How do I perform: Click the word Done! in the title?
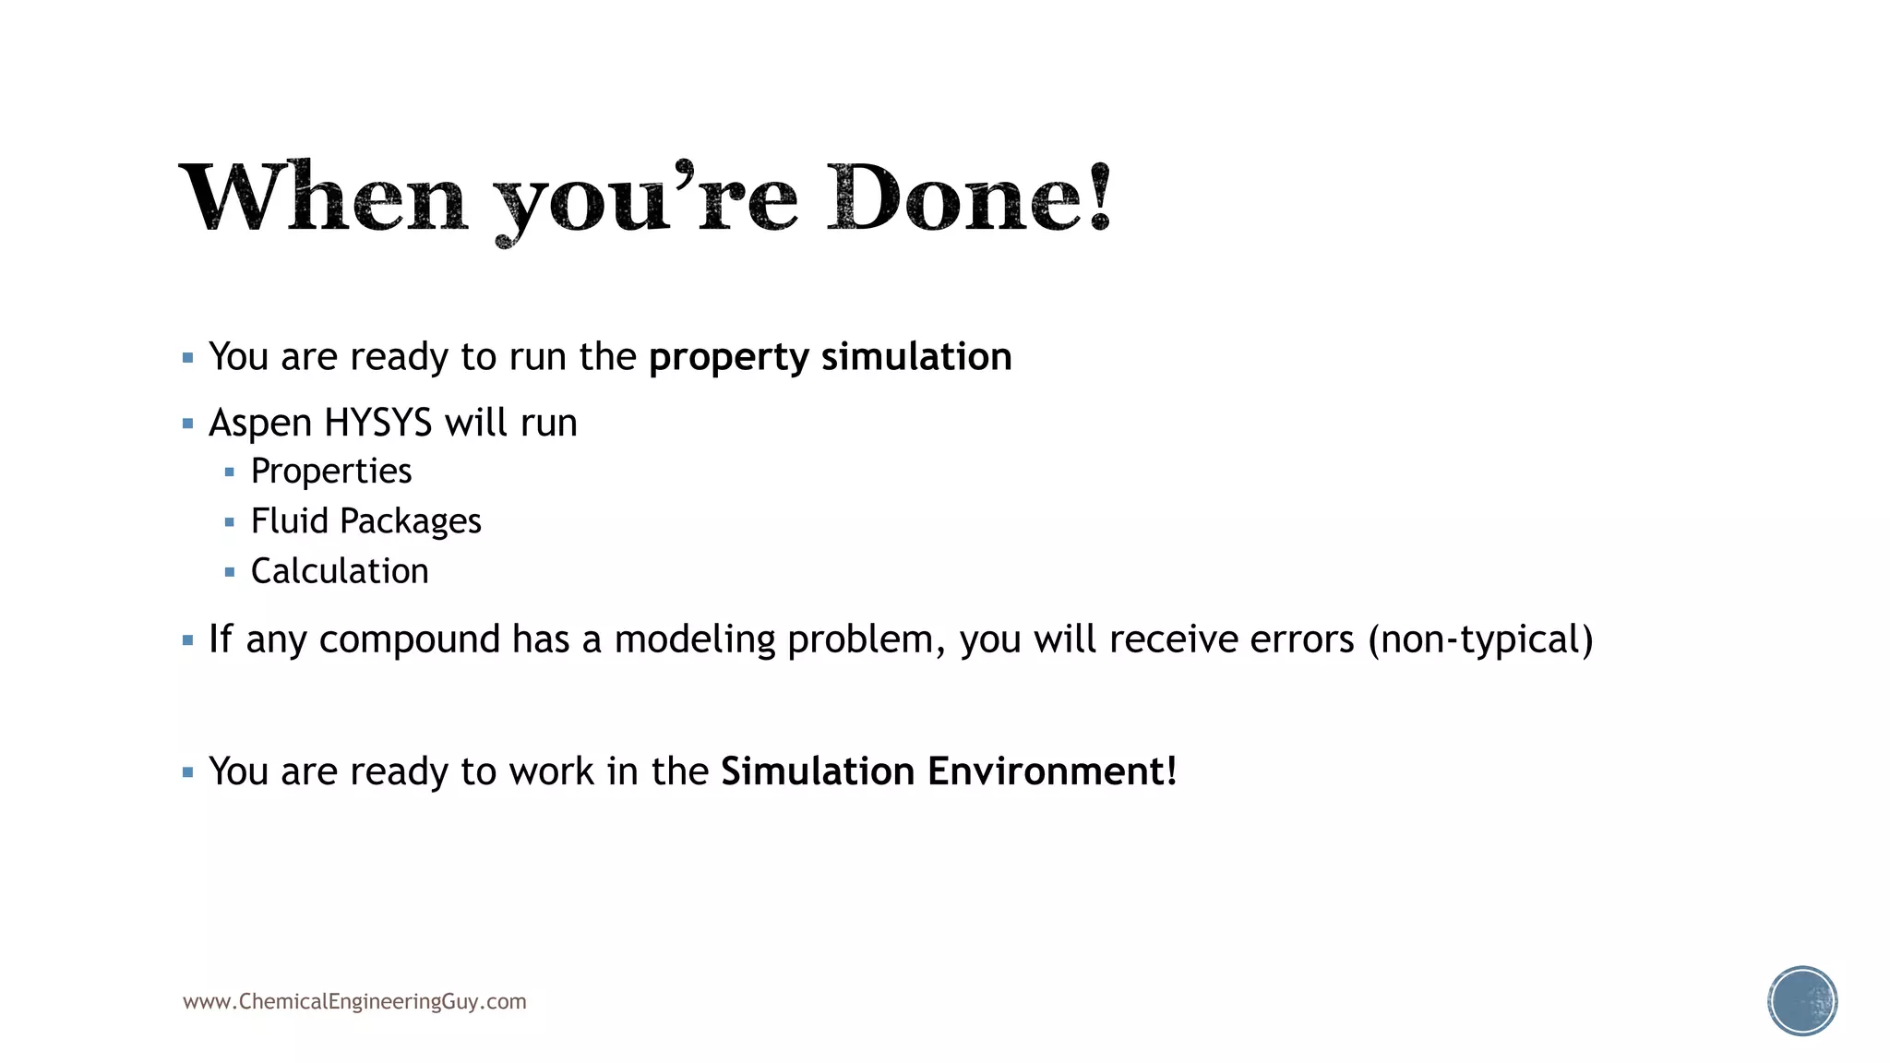coord(969,197)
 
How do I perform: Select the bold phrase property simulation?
coord(830,357)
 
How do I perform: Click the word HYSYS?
coord(377,424)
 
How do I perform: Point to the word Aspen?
coord(260,424)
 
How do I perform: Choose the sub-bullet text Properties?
coord(331,472)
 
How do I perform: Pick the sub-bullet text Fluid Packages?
coord(365,521)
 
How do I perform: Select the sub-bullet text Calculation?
coord(340,571)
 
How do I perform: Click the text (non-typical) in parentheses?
coord(1480,639)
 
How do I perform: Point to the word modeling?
coord(695,639)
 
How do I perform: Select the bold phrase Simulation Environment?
coord(949,771)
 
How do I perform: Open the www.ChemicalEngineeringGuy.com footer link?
coord(354,1002)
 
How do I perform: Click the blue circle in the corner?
coord(1802,1001)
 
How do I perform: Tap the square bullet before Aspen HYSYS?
coord(188,424)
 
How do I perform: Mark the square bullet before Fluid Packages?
coord(230,522)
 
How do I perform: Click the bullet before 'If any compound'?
coord(188,640)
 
